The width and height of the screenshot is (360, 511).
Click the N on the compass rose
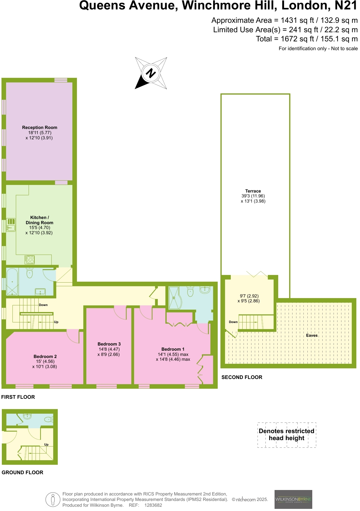tap(151, 73)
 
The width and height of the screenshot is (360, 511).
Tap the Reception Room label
tap(40, 127)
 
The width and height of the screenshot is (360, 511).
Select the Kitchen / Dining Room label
tap(39, 220)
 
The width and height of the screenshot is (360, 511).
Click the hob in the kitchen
tap(30, 260)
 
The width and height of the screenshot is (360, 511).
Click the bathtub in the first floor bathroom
tap(12, 282)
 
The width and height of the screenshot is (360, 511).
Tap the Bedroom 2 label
tap(45, 356)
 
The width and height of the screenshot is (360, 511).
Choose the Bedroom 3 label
tap(109, 344)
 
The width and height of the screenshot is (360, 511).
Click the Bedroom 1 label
tap(173, 349)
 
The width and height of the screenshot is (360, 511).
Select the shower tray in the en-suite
tap(174, 298)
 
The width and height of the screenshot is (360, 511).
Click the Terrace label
tap(253, 191)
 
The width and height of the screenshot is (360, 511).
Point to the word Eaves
tap(312, 335)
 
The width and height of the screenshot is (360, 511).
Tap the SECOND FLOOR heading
tap(242, 377)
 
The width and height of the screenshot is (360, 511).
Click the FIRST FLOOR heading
tap(18, 397)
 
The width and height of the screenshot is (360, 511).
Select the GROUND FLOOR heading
tap(22, 472)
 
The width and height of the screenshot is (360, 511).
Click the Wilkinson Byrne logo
tap(293, 499)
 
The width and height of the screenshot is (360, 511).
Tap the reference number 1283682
tap(153, 505)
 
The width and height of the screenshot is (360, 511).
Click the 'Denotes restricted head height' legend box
tap(286, 435)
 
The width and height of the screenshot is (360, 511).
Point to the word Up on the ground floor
tap(46, 444)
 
